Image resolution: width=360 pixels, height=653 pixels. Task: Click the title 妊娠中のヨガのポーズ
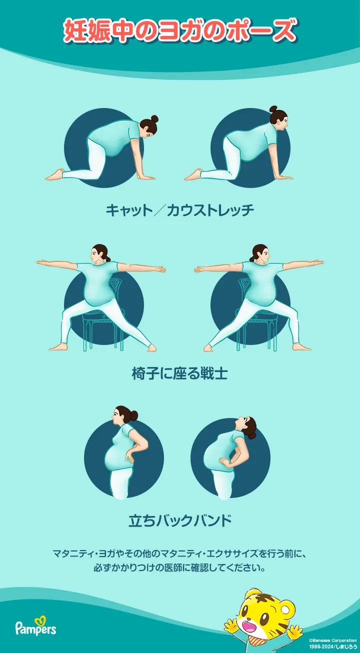coord(180,31)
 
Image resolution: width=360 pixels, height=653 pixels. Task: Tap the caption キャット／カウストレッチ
coord(180,210)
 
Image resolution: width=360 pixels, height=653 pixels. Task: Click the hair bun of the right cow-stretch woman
coord(273,109)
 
